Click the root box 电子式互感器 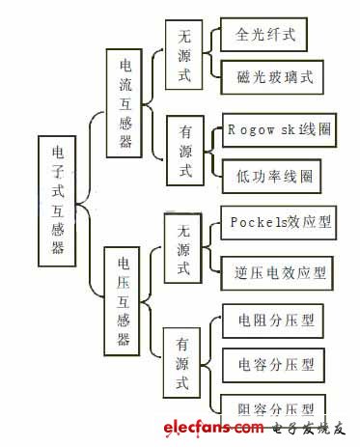[58, 201]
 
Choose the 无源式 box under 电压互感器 [183, 248]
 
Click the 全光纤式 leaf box [265, 36]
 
